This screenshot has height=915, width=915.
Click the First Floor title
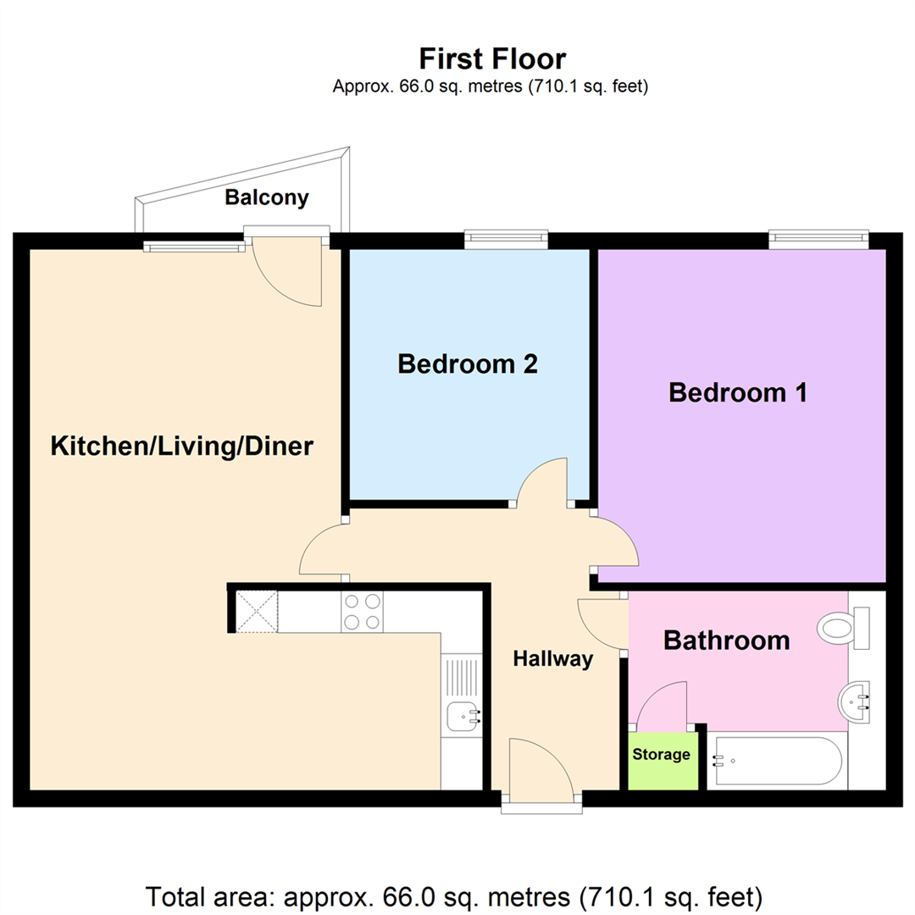[x=492, y=58]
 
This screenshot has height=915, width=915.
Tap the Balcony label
[x=266, y=198]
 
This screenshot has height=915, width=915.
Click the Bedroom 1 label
[x=738, y=393]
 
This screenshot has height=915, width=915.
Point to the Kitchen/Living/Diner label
[x=182, y=446]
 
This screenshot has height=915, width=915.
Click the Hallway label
[x=552, y=659]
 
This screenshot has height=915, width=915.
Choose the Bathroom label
[x=726, y=640]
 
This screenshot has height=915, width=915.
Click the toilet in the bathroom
[x=842, y=628]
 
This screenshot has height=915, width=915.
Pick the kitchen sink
[x=464, y=717]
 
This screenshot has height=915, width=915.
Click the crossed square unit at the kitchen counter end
[x=257, y=612]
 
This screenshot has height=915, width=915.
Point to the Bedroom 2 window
[x=506, y=241]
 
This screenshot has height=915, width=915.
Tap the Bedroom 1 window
[x=818, y=241]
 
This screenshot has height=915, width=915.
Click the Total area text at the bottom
[x=455, y=896]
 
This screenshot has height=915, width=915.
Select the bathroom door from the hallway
[x=602, y=625]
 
